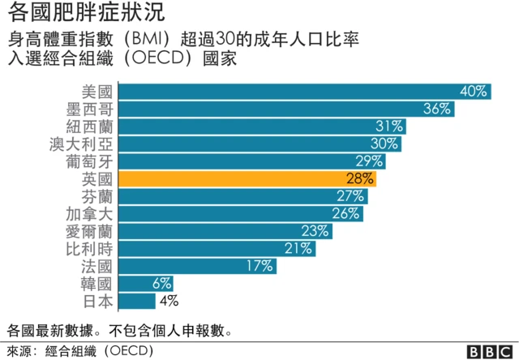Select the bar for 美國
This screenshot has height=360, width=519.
click(304, 91)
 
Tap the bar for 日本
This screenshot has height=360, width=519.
click(137, 301)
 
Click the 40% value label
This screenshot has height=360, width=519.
click(473, 91)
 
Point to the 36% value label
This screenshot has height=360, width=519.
click(437, 109)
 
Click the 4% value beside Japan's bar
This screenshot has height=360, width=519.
click(169, 301)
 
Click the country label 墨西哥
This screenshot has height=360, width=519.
click(91, 109)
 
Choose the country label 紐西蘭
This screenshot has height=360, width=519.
click(91, 126)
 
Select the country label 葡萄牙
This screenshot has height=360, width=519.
click(91, 161)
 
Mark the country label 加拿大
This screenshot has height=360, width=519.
click(91, 213)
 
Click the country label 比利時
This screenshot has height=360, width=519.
click(91, 248)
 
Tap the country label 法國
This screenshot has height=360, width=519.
click(98, 266)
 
